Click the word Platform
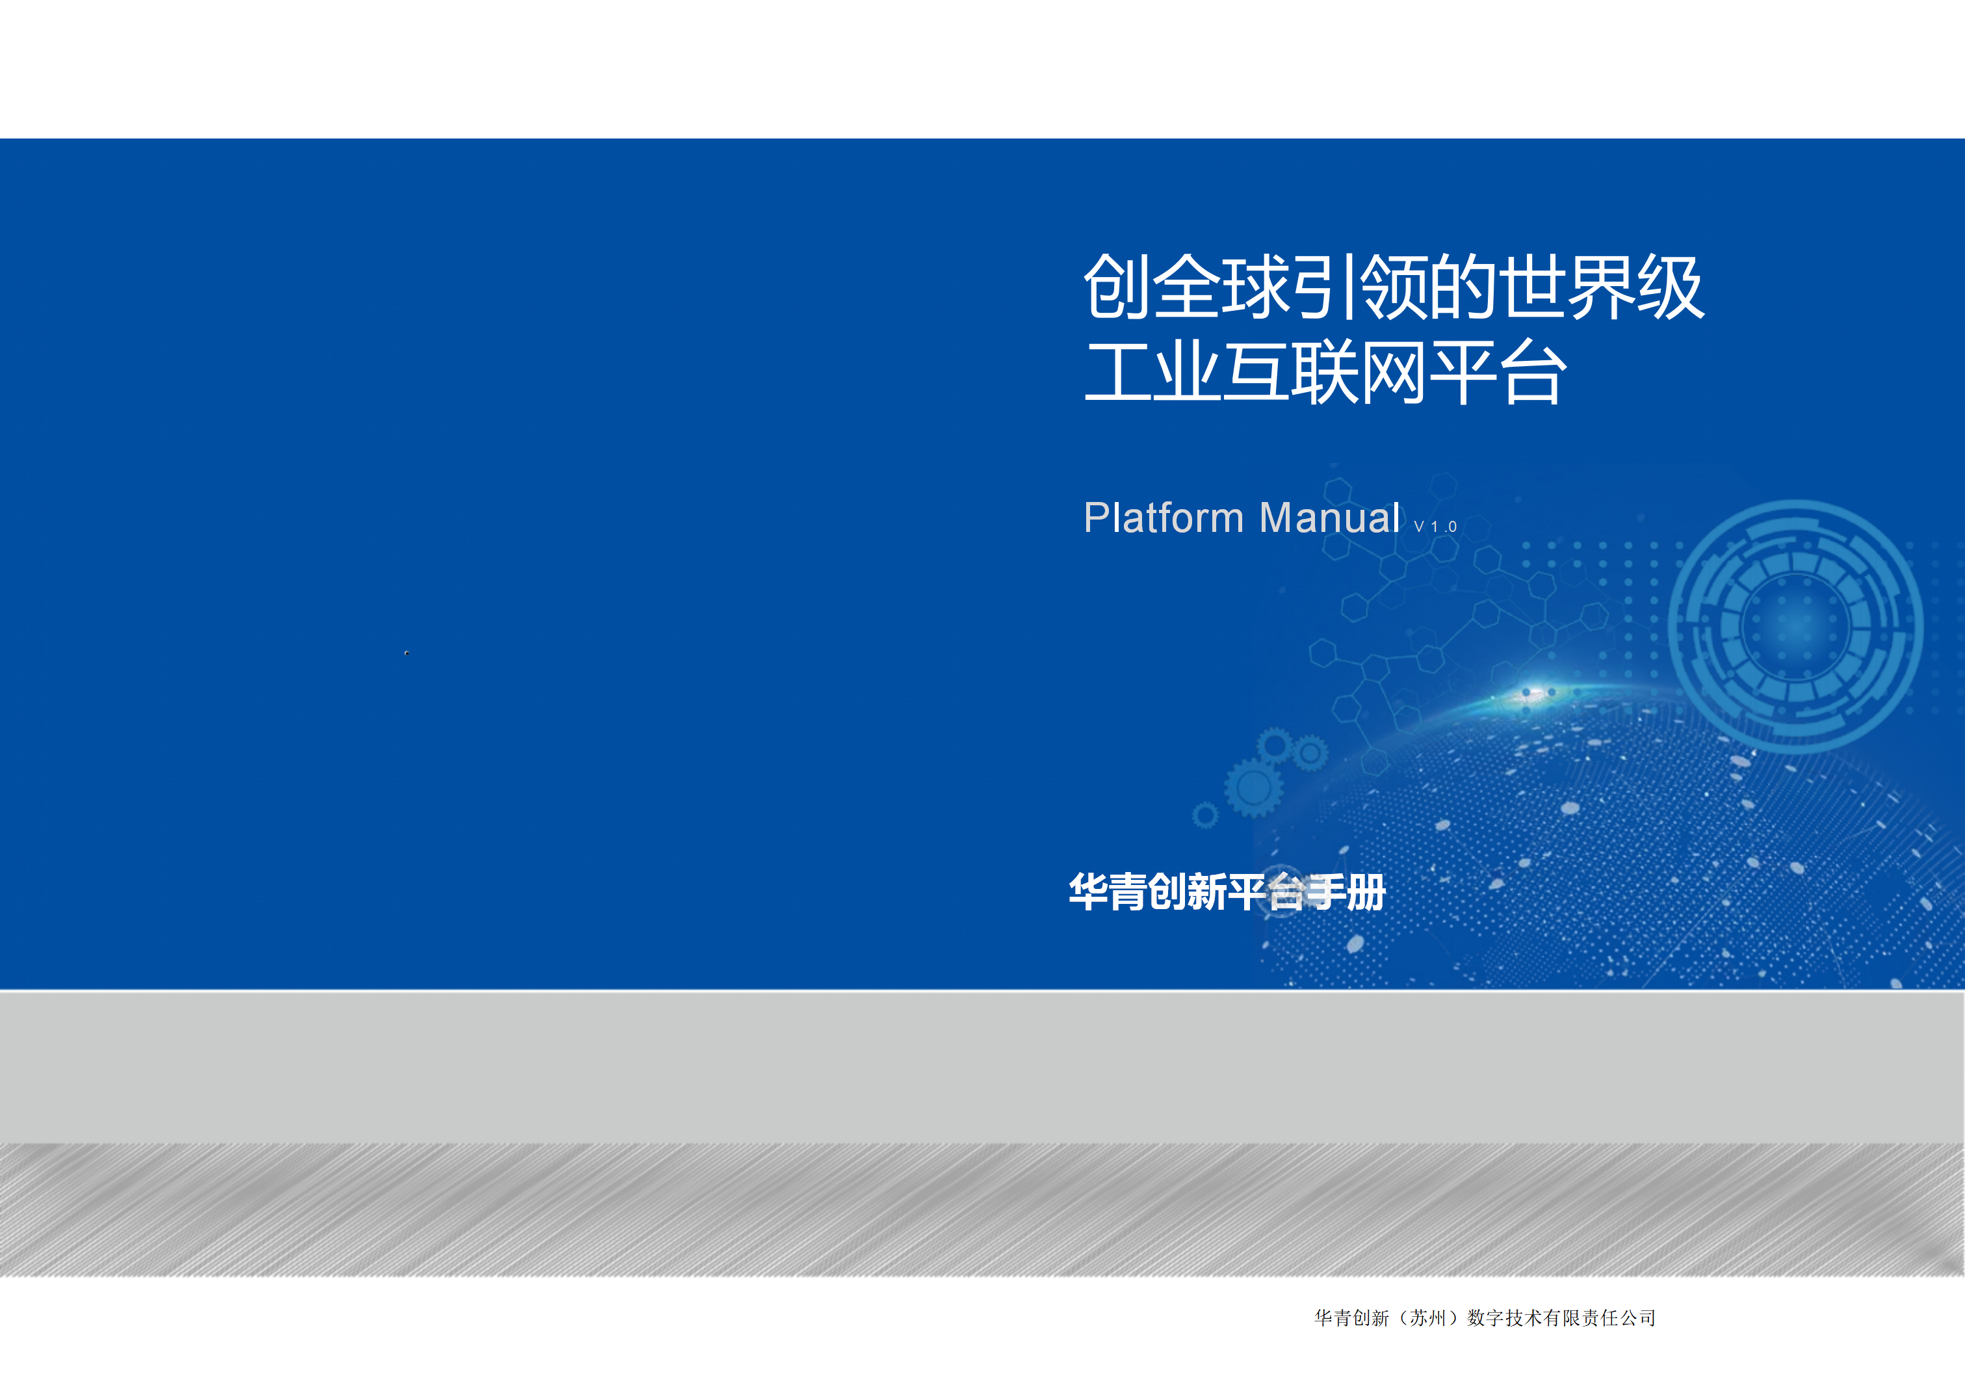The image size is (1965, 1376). click(1163, 518)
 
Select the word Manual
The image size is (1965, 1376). click(1330, 518)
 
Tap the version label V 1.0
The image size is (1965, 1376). click(1435, 527)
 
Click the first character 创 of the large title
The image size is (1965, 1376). click(1118, 287)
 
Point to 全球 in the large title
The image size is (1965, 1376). click(1221, 287)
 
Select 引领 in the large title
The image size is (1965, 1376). click(1359, 287)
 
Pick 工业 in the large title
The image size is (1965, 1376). click(1153, 373)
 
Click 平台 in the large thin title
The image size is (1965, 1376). click(1498, 373)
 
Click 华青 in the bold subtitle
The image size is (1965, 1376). click(1108, 892)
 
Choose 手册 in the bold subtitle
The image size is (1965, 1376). click(1346, 892)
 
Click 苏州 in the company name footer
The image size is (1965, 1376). click(1428, 1317)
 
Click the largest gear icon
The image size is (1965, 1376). click(1254, 787)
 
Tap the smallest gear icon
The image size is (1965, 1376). click(1205, 815)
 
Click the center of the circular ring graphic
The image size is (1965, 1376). click(1795, 627)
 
